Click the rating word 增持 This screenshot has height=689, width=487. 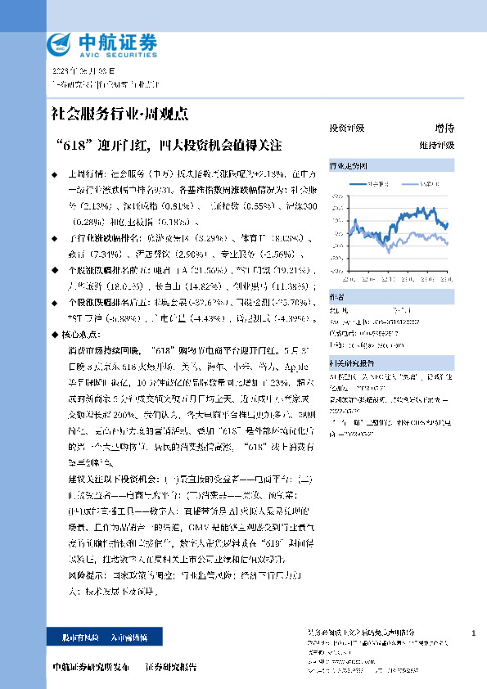444,128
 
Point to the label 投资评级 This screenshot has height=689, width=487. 346,128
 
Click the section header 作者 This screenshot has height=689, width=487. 336,298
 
